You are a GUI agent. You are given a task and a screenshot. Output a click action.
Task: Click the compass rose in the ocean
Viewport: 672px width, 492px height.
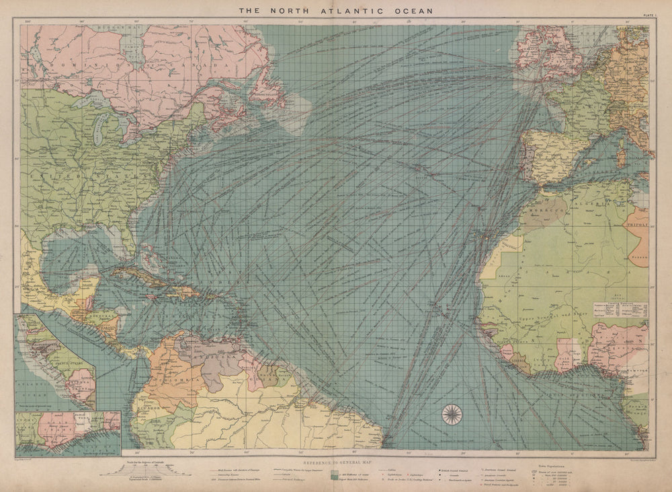(452, 411)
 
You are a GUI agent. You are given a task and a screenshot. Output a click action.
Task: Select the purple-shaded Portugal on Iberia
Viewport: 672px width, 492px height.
(526, 157)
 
